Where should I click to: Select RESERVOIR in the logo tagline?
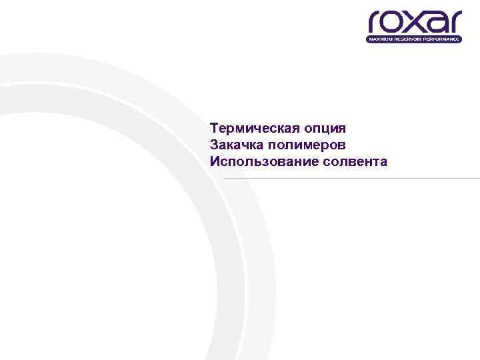coord(409,39)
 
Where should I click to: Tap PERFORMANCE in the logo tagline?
coord(442,39)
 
